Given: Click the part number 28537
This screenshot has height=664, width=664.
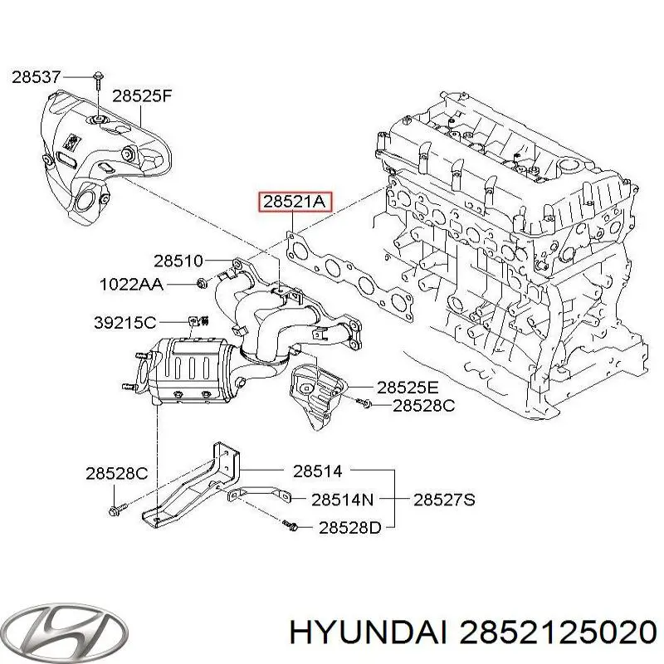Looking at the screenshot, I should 36,77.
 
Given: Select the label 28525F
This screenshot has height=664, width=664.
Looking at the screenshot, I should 142,95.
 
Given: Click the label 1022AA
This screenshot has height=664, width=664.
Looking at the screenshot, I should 132,285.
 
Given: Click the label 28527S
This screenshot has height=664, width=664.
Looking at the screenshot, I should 444,500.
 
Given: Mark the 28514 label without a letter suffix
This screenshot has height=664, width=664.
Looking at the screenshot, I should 317,471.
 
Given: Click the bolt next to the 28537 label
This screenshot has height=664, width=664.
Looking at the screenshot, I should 97,79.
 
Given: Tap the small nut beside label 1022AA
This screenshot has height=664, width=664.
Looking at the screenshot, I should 202,285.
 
